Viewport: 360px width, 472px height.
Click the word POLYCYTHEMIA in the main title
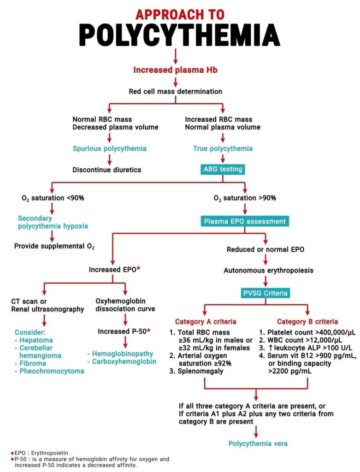pyautogui.click(x=179, y=35)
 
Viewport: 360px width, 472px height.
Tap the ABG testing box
pyautogui.click(x=223, y=169)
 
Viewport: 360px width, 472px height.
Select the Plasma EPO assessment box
pyautogui.click(x=245, y=221)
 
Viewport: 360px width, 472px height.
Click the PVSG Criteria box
pyautogui.click(x=265, y=293)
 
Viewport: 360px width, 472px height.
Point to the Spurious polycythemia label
pyautogui.click(x=110, y=149)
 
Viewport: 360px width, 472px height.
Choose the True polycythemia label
pyautogui.click(x=223, y=149)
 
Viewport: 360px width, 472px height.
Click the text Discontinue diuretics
pyautogui.click(x=107, y=170)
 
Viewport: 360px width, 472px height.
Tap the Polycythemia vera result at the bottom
pyautogui.click(x=258, y=443)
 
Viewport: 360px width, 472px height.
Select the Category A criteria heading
pyautogui.click(x=206, y=321)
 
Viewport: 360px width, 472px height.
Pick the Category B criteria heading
pyautogui.click(x=307, y=321)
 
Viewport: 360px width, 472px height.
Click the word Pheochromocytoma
pyautogui.click(x=52, y=371)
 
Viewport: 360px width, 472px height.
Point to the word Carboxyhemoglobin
pyautogui.click(x=124, y=361)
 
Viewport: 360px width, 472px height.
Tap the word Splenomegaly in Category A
pyautogui.click(x=201, y=371)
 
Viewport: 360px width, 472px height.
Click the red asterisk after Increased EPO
pyautogui.click(x=138, y=269)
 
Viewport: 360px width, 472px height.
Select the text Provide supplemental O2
pyautogui.click(x=54, y=246)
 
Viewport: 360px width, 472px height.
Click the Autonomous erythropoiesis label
pyautogui.click(x=268, y=271)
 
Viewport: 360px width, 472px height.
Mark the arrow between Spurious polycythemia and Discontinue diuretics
pyautogui.click(x=110, y=159)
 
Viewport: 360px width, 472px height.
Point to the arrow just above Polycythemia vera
pyautogui.click(x=256, y=431)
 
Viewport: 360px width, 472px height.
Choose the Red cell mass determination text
pyautogui.click(x=176, y=92)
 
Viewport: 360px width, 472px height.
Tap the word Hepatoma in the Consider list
pyautogui.click(x=36, y=340)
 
